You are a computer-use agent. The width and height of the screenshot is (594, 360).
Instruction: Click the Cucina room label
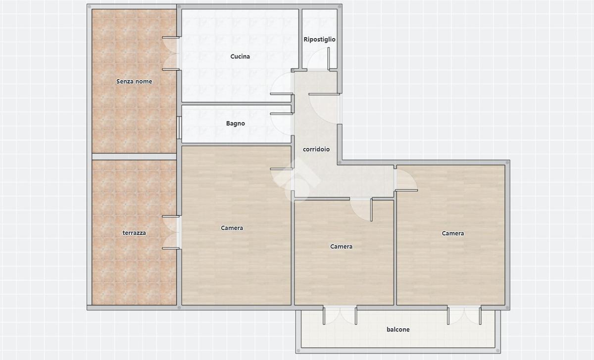(x=240, y=56)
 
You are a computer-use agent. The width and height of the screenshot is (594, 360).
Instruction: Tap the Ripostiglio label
(x=319, y=40)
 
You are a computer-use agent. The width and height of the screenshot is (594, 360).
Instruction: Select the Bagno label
(x=236, y=123)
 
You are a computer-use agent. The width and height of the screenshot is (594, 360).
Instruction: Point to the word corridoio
(x=316, y=150)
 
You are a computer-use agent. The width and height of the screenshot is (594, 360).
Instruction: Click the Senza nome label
(x=134, y=81)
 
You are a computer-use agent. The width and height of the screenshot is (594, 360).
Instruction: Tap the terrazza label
(x=134, y=233)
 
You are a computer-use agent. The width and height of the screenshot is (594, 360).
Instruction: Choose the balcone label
(x=398, y=329)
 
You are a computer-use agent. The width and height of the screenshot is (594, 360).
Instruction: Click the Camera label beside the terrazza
(x=232, y=228)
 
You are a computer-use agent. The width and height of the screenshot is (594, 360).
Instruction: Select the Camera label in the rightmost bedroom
(x=452, y=233)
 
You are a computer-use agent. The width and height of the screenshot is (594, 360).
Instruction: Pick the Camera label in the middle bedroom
(x=341, y=247)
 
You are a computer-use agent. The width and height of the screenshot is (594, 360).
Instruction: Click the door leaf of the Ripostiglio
(x=329, y=58)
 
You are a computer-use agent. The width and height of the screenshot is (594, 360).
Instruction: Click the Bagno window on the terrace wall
(x=179, y=128)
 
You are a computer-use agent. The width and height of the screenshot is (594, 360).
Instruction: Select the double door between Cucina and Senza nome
(x=171, y=53)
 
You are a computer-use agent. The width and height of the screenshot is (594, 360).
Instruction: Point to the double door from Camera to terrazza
(x=171, y=232)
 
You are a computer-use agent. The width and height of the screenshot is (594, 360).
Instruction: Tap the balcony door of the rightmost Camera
(x=464, y=315)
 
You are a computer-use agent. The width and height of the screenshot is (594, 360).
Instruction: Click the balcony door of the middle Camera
(x=340, y=315)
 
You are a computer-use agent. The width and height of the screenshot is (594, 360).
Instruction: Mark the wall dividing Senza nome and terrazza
(x=134, y=156)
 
